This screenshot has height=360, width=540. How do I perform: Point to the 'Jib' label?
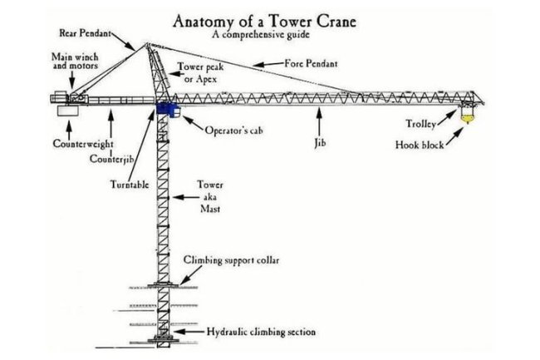click(320, 142)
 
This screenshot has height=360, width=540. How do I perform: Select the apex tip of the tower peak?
click(147, 43)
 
